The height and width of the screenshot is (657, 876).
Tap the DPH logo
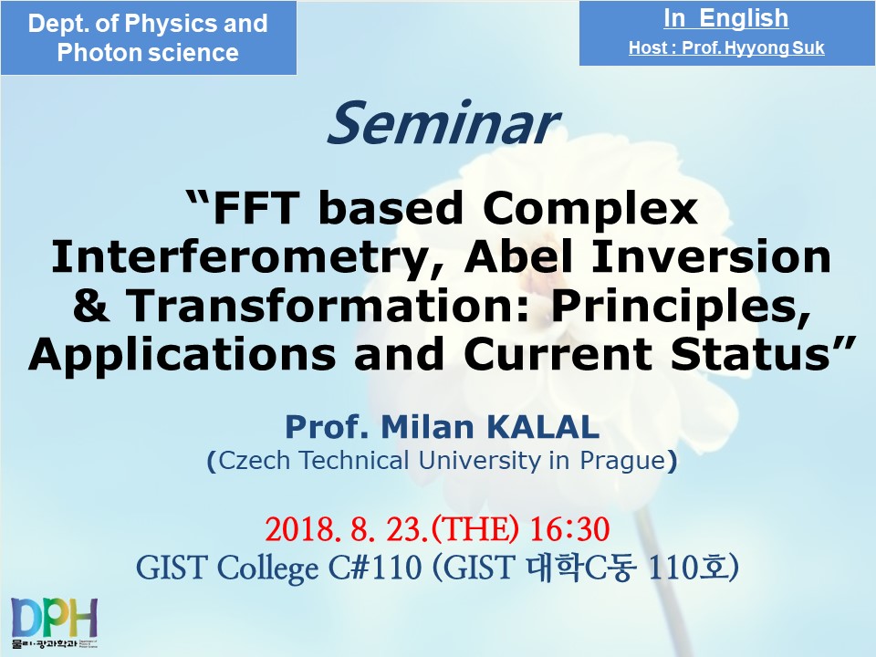click(x=54, y=621)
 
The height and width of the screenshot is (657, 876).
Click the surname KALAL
click(x=544, y=427)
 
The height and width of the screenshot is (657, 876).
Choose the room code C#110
click(x=375, y=568)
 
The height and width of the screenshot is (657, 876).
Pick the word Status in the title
click(x=760, y=354)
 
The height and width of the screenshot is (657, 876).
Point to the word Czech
click(x=255, y=462)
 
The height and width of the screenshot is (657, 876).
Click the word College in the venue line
click(x=267, y=568)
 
